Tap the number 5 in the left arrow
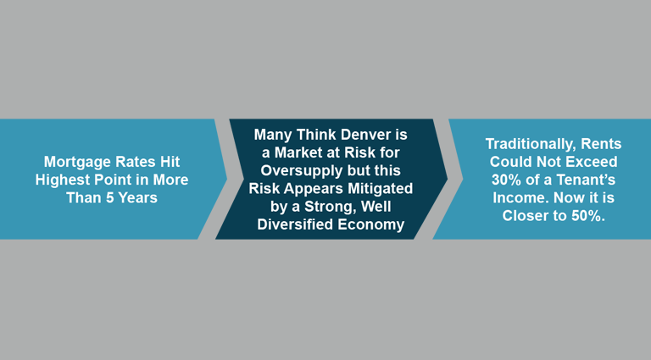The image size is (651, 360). point(109,197)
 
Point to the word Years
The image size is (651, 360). point(138,197)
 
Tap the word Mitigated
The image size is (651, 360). point(381,189)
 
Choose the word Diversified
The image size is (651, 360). point(295,224)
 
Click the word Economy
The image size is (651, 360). point(370,224)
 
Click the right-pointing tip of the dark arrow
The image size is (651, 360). point(448,179)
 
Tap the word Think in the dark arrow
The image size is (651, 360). point(318,135)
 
